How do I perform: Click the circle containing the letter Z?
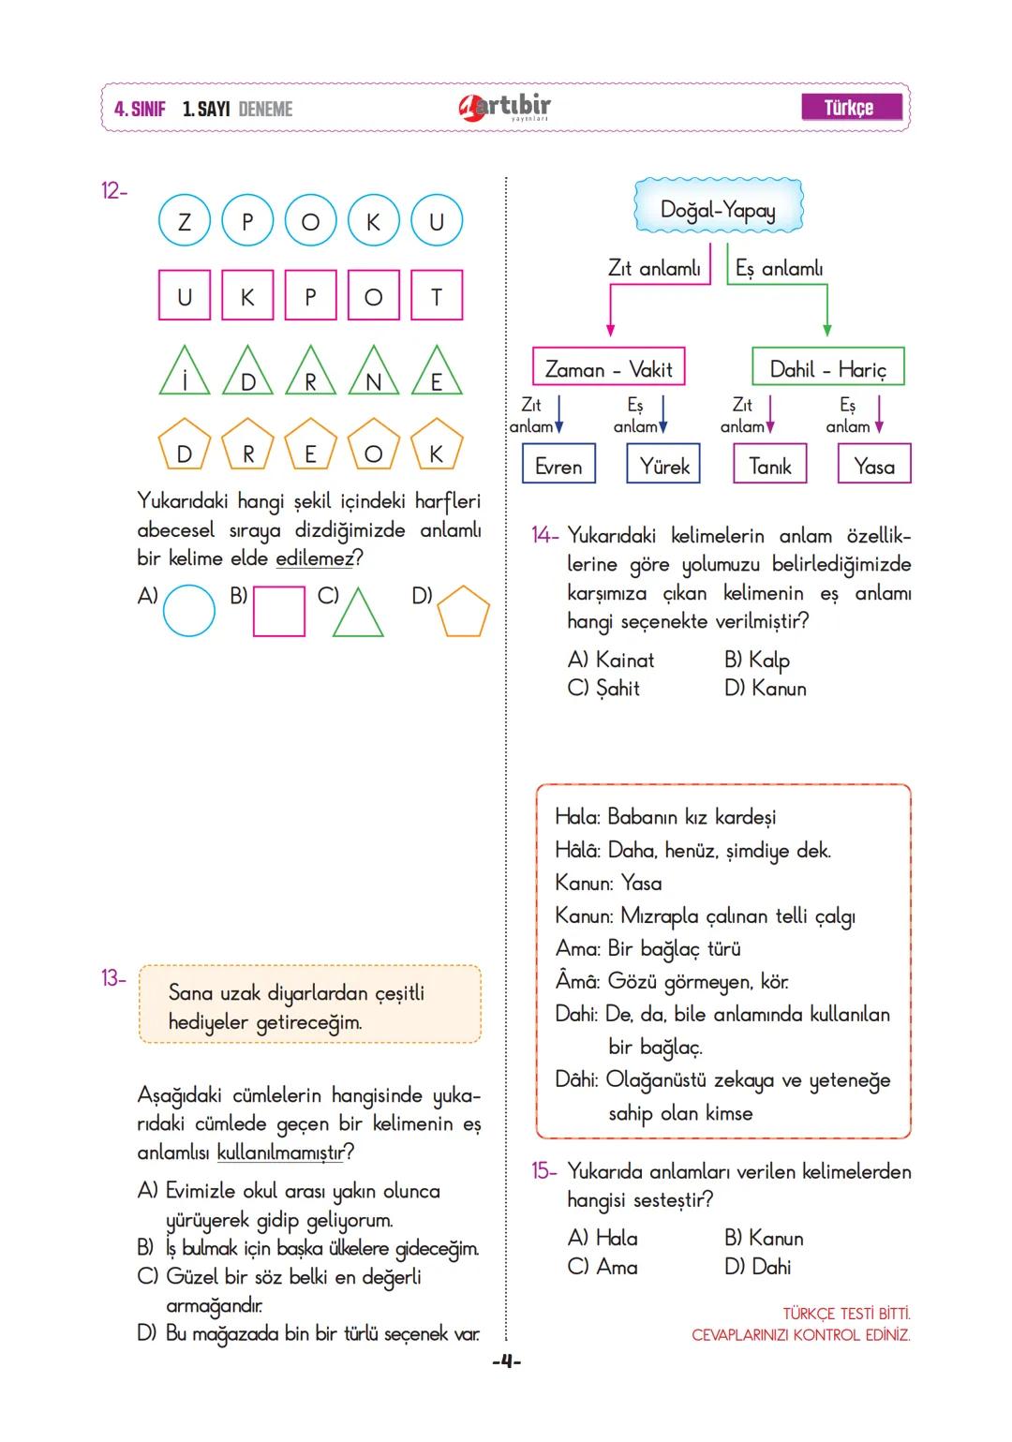coord(184,221)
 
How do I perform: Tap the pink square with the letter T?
coord(436,296)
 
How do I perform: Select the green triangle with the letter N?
coord(373,373)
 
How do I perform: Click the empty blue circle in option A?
coord(188,611)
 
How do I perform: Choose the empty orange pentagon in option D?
coord(463,611)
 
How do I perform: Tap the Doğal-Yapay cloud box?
coord(718,208)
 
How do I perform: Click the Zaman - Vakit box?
coord(608,368)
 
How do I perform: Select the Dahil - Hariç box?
coord(827,368)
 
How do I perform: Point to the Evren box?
coord(558,465)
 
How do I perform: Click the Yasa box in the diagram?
coord(873,465)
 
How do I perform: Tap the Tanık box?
coord(769,465)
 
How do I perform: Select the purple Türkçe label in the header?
coord(851,108)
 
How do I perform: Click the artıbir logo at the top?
coord(505,108)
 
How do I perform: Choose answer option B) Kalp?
coord(757,660)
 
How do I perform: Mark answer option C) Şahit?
coord(604,688)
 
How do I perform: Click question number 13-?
coord(112,978)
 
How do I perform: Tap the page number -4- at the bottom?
coord(506,1360)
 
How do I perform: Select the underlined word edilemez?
coord(315,558)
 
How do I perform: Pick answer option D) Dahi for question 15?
coord(758,1267)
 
